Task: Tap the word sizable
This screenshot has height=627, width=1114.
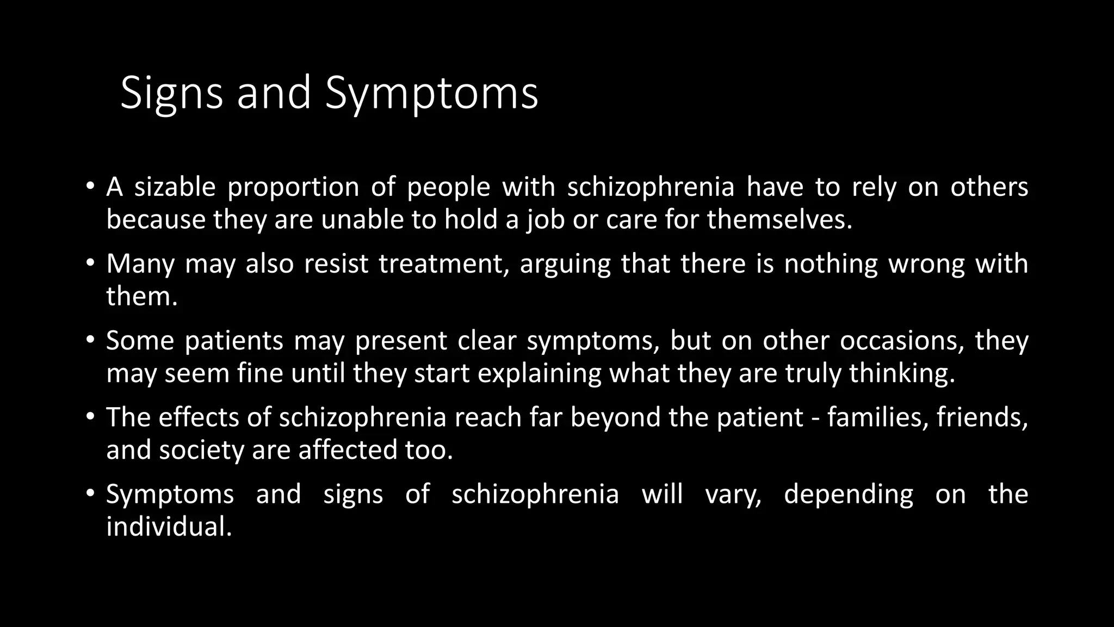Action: click(175, 187)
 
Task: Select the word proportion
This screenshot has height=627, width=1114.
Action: click(293, 187)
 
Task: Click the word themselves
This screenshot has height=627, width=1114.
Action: click(779, 220)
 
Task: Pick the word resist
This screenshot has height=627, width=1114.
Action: click(336, 264)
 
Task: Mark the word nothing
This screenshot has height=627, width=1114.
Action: click(831, 264)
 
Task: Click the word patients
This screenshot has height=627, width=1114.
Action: click(234, 341)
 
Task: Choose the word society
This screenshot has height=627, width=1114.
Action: click(202, 451)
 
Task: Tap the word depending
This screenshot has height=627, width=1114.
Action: click(849, 495)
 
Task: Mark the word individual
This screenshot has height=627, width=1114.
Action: click(169, 527)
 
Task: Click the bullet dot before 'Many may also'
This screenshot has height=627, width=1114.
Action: click(90, 264)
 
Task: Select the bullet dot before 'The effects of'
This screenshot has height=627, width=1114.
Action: click(90, 417)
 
